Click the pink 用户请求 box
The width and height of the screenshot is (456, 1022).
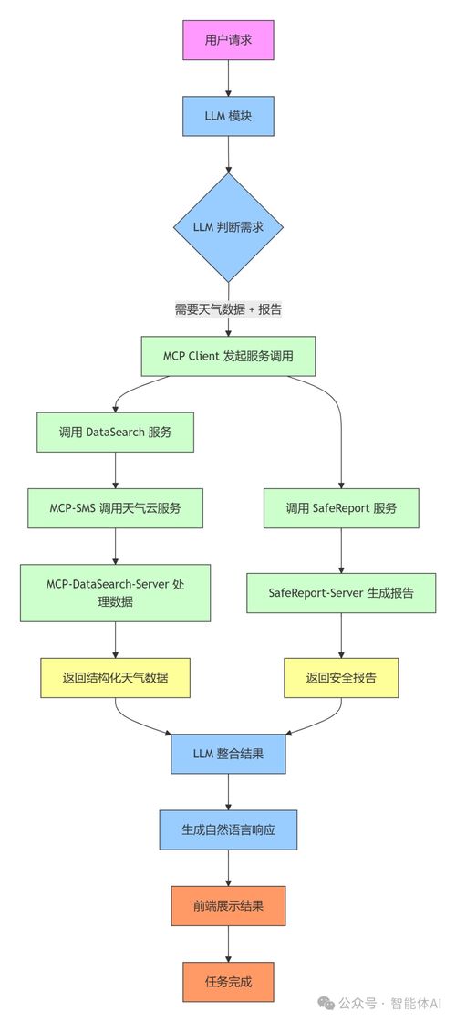click(x=228, y=40)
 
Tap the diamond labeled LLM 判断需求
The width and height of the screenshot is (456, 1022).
click(x=228, y=227)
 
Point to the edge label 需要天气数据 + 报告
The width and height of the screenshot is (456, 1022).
click(x=228, y=309)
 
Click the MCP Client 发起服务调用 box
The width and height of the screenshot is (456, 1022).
click(x=228, y=356)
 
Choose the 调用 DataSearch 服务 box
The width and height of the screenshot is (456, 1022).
click(x=115, y=432)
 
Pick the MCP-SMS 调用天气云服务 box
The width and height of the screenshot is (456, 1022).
click(x=115, y=507)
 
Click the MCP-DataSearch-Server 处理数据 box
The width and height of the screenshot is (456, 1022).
click(x=115, y=592)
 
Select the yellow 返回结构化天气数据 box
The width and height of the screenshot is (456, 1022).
click(x=115, y=677)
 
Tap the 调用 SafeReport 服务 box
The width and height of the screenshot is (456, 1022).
click(x=341, y=507)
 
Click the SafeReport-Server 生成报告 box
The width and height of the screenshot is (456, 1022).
click(x=341, y=592)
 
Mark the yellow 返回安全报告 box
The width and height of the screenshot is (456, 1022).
click(x=341, y=677)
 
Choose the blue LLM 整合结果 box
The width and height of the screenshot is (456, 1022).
click(x=228, y=753)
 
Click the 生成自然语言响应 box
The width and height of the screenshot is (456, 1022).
click(x=228, y=830)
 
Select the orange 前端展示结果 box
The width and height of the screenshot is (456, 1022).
click(x=228, y=907)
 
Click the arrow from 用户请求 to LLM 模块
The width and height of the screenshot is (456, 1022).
click(x=228, y=80)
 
